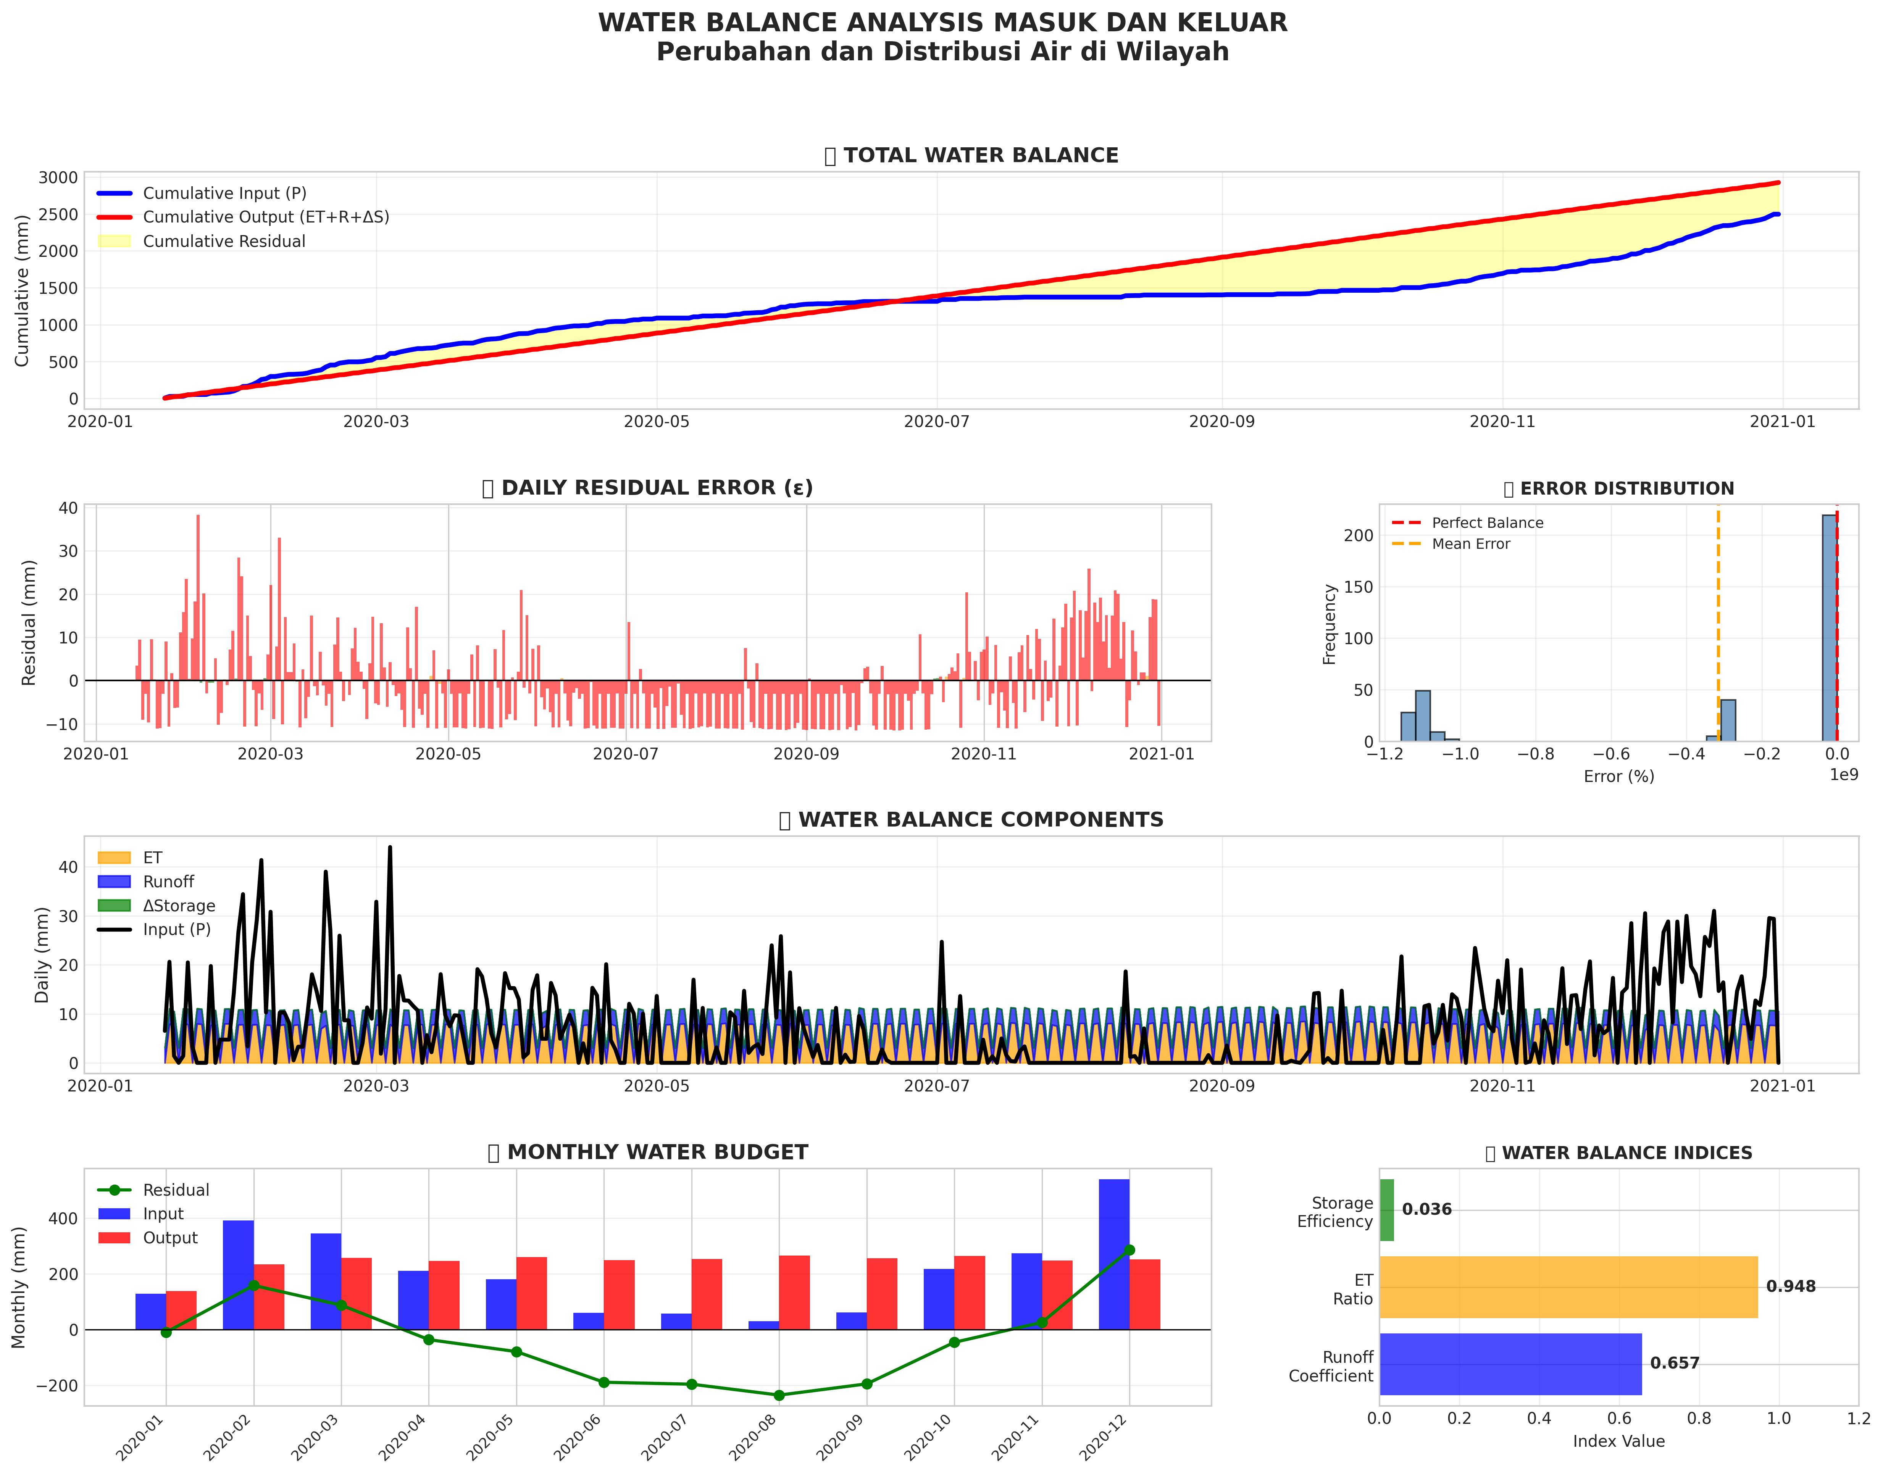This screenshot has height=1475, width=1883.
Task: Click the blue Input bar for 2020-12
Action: [1113, 1254]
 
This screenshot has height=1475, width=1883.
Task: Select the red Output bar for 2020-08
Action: [794, 1293]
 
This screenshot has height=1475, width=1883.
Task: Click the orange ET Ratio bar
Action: [1568, 1287]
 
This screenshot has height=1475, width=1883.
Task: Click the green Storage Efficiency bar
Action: [1386, 1210]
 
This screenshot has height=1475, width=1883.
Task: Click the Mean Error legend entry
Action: [1470, 544]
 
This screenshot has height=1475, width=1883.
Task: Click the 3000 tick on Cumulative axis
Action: [58, 178]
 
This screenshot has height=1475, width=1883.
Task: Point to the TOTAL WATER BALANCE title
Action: [980, 155]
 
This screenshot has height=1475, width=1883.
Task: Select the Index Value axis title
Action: [1618, 1441]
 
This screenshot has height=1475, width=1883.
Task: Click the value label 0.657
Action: [1674, 1364]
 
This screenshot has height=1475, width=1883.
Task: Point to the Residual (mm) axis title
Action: [29, 623]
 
